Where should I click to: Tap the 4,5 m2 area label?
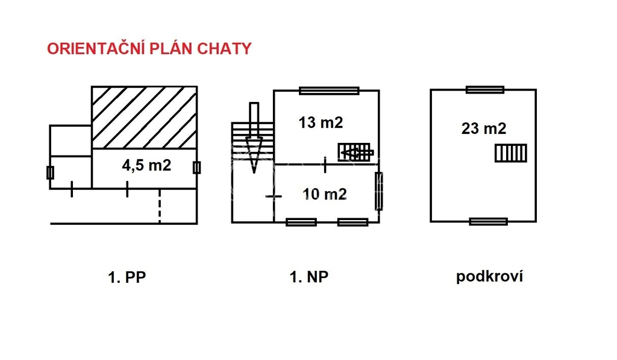(146, 165)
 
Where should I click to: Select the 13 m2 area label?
(321, 122)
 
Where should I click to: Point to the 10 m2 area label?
(324, 194)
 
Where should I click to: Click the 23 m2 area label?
(483, 128)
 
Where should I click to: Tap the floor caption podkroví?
(489, 277)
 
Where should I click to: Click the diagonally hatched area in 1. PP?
(144, 118)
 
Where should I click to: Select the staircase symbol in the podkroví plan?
(511, 153)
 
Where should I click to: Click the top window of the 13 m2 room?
(329, 91)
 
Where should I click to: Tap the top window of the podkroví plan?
(485, 90)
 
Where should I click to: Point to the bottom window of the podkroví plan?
(488, 221)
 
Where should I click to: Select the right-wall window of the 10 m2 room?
(378, 191)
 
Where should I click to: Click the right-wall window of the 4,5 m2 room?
(196, 168)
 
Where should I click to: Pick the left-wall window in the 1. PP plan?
(50, 173)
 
